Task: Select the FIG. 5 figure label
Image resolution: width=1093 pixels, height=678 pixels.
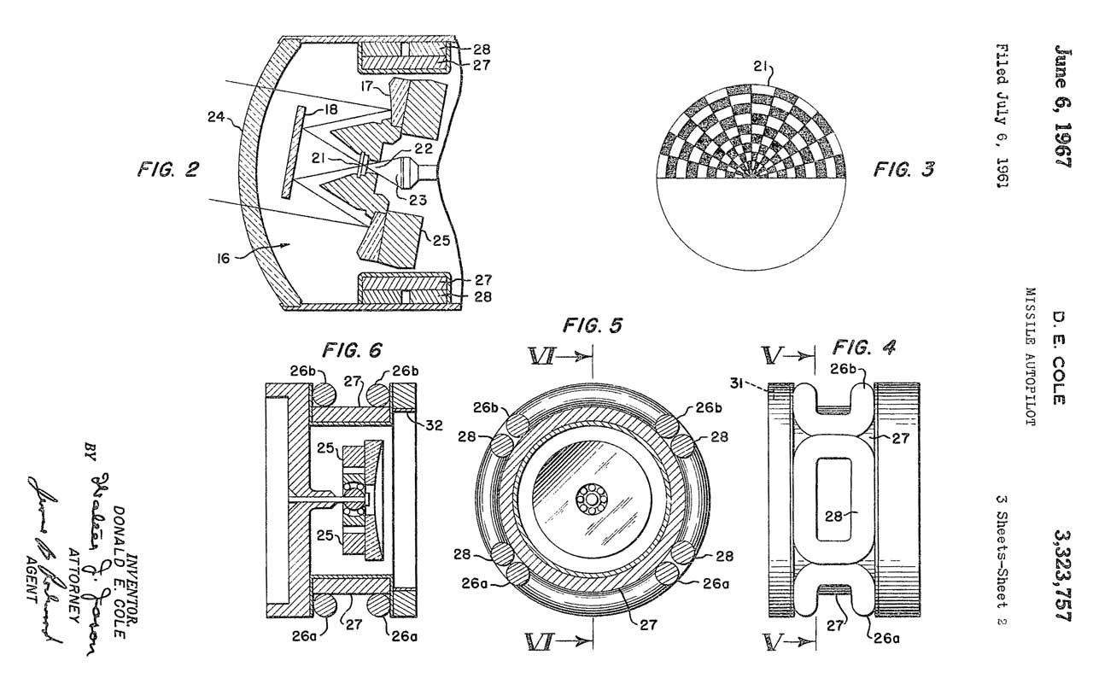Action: [593, 325]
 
